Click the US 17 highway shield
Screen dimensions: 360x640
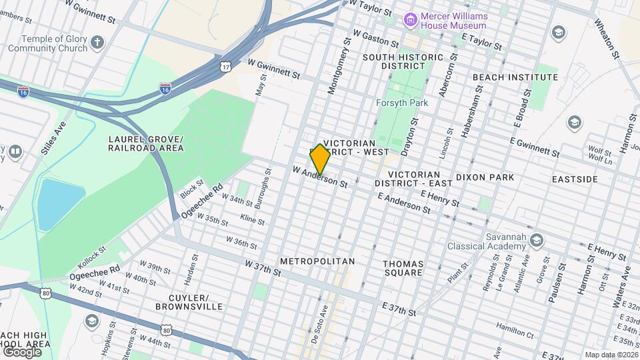[227, 66]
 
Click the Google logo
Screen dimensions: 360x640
[22, 351]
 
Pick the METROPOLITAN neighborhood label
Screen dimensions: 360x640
[317, 261]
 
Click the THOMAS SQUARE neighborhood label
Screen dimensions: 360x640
[403, 268]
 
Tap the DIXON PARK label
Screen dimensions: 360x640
[485, 177]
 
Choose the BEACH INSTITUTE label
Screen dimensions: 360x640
[515, 77]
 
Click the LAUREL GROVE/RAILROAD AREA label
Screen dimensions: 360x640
[145, 143]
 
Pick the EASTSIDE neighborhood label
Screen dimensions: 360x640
[575, 179]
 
